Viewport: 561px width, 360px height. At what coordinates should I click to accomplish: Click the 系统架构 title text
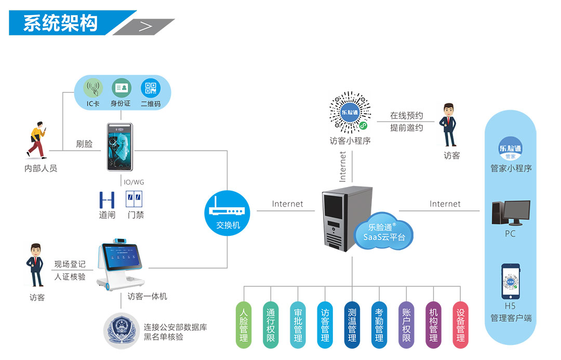pyautogui.click(x=60, y=23)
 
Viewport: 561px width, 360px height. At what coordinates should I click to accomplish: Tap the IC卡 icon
pyautogui.click(x=94, y=88)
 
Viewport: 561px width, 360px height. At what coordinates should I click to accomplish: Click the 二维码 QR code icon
pyautogui.click(x=151, y=88)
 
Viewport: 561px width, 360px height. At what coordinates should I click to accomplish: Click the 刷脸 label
pyautogui.click(x=84, y=144)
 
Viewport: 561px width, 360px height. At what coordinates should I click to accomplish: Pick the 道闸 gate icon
pyautogui.click(x=107, y=199)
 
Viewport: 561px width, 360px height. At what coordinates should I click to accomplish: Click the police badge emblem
pyautogui.click(x=121, y=330)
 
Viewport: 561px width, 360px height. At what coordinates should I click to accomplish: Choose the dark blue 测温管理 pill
pyautogui.click(x=352, y=325)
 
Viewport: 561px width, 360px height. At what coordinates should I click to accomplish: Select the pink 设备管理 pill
pyautogui.click(x=461, y=325)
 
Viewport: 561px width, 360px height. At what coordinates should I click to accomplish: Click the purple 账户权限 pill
pyautogui.click(x=406, y=325)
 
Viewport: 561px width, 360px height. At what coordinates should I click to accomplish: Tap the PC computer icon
pyautogui.click(x=510, y=213)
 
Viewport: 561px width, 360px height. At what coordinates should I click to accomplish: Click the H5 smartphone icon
pyautogui.click(x=511, y=281)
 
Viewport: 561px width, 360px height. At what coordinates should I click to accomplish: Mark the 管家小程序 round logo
pyautogui.click(x=511, y=148)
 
